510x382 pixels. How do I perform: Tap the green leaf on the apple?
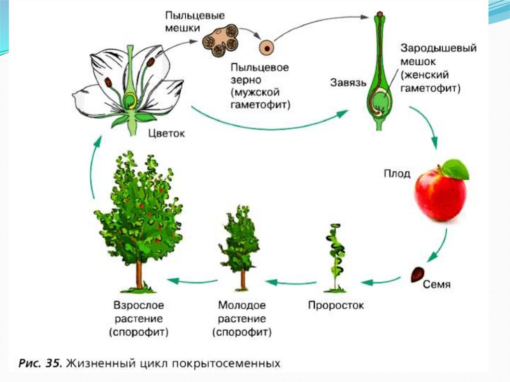pyautogui.click(x=456, y=169)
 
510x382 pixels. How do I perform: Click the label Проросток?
pyautogui.click(x=336, y=305)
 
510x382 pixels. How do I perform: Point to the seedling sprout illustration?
pyautogui.click(x=334, y=259)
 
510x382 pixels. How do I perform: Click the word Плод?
pyautogui.click(x=397, y=174)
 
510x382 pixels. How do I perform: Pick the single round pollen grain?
pyautogui.click(x=267, y=48)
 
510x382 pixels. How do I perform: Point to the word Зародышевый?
pyautogui.click(x=439, y=49)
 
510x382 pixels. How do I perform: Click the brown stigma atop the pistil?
pyautogui.click(x=380, y=14)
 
